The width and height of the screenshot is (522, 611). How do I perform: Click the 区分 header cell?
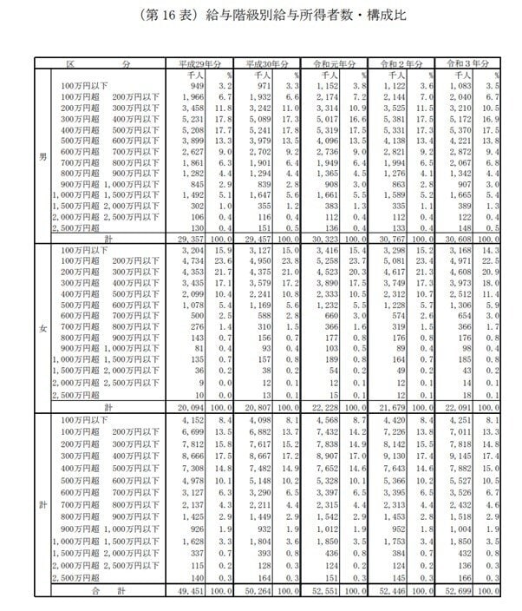[101, 64]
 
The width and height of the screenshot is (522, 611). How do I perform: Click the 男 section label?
[42, 159]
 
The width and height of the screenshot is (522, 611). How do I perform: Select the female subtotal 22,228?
[327, 407]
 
